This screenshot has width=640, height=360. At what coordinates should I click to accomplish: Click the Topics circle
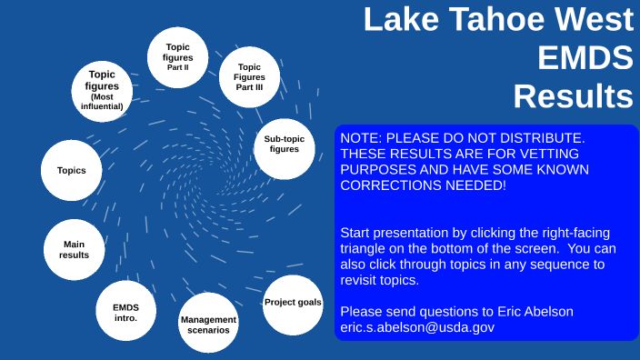72,170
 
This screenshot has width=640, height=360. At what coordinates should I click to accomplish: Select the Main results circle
75,249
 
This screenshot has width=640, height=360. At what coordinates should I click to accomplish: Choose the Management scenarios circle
208,325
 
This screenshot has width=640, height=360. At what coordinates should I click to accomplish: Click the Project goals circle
292,303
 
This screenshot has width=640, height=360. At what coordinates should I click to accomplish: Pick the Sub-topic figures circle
284,145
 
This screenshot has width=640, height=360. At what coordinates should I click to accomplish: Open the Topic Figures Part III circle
249,75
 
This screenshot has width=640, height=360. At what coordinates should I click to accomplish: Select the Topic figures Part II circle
177,56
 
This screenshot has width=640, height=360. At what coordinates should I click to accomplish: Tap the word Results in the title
573,95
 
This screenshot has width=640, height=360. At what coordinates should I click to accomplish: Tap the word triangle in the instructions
364,249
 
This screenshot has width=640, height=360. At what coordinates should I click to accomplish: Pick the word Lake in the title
397,20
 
